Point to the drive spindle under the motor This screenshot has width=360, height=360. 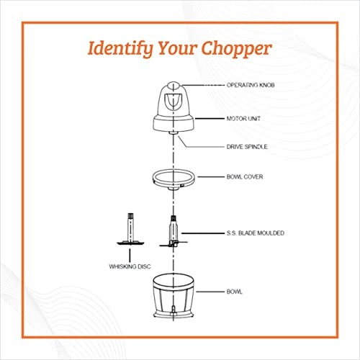(x=174, y=135)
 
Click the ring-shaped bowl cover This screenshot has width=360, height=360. (x=174, y=177)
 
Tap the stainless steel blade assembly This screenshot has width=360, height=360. (x=174, y=232)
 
